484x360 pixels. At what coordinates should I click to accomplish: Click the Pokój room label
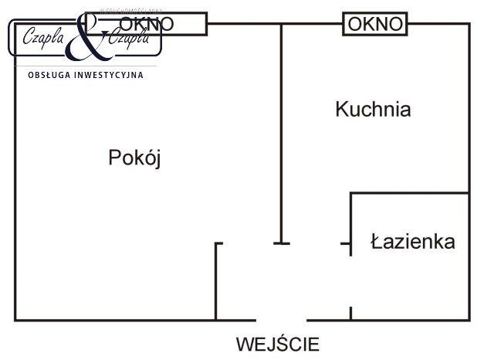coord(134,158)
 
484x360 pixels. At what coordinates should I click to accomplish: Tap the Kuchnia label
coord(373,110)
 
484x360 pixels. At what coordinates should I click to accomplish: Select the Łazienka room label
coord(412,242)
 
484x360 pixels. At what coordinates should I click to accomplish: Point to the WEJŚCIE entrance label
coord(277,344)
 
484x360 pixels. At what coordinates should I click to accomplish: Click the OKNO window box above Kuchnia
coord(375,24)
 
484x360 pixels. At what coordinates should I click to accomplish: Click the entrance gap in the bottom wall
coord(282,320)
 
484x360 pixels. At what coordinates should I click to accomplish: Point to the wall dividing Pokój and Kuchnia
coord(281,131)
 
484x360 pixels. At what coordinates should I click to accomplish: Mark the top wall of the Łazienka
coord(409,193)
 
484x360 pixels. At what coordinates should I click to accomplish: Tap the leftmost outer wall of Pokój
coord(15,193)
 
